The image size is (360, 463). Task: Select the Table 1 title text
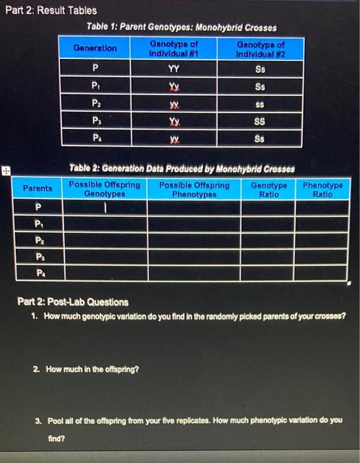pyautogui.click(x=181, y=27)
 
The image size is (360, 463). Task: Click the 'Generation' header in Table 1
pyautogui.click(x=95, y=48)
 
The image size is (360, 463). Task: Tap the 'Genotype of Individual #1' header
pyautogui.click(x=174, y=48)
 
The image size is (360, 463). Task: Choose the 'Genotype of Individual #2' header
pyautogui.click(x=261, y=48)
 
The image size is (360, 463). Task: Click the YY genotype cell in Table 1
pyautogui.click(x=174, y=67)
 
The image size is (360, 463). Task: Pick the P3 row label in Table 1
pyautogui.click(x=95, y=122)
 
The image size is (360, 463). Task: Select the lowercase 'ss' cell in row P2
pyautogui.click(x=261, y=104)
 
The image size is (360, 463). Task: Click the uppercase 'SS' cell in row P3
pyautogui.click(x=261, y=122)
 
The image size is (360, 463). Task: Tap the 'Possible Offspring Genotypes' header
pyautogui.click(x=105, y=189)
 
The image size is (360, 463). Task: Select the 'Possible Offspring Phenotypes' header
pyautogui.click(x=195, y=189)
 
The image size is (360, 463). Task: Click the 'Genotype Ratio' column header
pyautogui.click(x=269, y=189)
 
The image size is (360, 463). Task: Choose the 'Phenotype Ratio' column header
pyautogui.click(x=323, y=189)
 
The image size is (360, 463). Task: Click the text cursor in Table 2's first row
pyautogui.click(x=103, y=208)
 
